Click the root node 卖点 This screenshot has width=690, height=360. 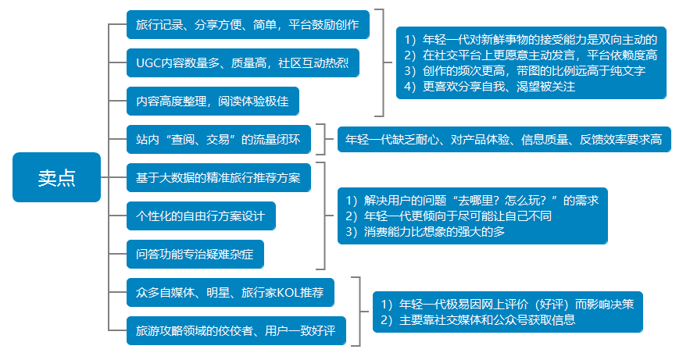57,177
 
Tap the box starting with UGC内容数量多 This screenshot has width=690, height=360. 242,63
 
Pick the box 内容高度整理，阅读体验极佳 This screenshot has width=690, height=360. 213,102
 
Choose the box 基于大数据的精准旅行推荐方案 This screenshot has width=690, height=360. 223,177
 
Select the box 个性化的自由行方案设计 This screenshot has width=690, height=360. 201,216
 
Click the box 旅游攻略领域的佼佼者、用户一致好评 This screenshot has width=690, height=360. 235,330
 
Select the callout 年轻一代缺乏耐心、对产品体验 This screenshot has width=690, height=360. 503,140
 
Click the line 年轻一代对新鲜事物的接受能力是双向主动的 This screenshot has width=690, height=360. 531,39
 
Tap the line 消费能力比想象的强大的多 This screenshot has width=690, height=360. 425,232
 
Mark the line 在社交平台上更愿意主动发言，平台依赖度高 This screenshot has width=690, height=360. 531,55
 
